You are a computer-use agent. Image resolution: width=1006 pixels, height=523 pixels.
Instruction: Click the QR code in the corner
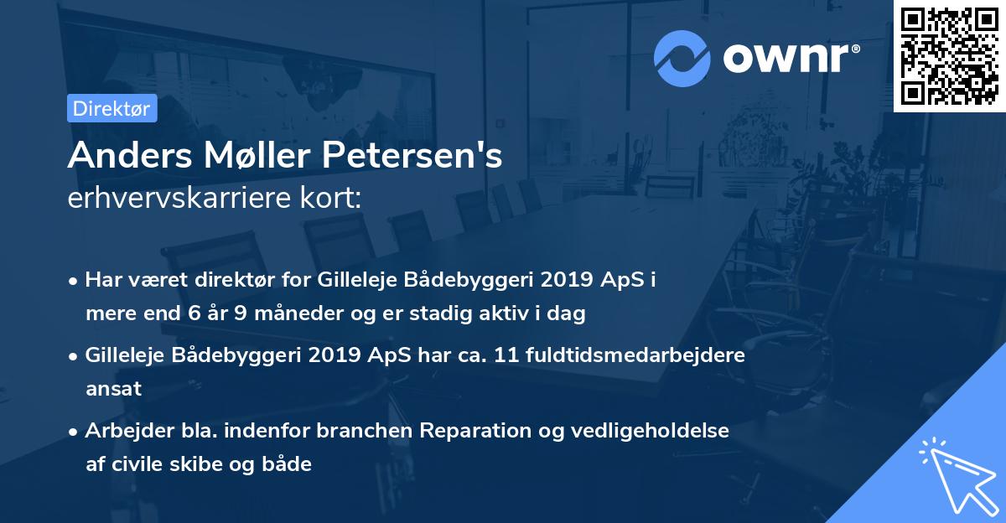[x=949, y=55]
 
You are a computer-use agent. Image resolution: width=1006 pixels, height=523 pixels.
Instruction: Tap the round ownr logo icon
[x=682, y=58]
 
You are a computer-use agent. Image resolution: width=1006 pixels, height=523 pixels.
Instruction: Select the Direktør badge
[x=111, y=108]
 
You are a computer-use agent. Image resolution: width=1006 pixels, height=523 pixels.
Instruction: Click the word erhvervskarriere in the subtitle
[x=177, y=199]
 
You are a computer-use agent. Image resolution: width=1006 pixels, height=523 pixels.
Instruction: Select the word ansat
[x=113, y=389]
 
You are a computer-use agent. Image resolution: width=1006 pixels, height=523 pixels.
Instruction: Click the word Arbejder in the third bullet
[x=125, y=430]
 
